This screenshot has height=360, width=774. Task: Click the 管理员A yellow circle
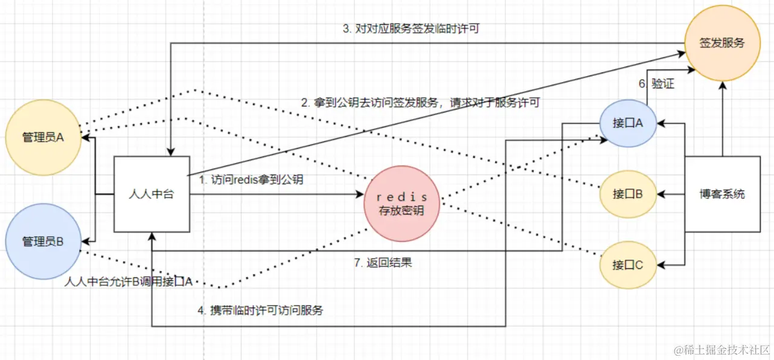click(42, 137)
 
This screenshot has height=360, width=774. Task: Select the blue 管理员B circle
click(42, 242)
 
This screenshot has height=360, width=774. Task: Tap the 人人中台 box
click(152, 194)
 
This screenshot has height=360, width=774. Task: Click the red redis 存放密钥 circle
click(403, 204)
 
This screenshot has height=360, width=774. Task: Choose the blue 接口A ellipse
click(628, 123)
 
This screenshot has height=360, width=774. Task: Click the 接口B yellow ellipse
click(627, 194)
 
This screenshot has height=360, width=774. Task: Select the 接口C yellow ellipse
click(627, 265)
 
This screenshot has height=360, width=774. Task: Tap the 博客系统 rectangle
click(722, 194)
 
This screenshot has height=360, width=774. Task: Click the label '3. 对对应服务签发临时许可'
click(411, 28)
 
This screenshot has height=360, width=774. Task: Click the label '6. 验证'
click(657, 85)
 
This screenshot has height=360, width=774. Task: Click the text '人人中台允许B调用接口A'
click(129, 282)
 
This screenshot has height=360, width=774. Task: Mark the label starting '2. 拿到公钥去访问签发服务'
click(420, 103)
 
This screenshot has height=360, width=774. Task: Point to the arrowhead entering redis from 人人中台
click(360, 194)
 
